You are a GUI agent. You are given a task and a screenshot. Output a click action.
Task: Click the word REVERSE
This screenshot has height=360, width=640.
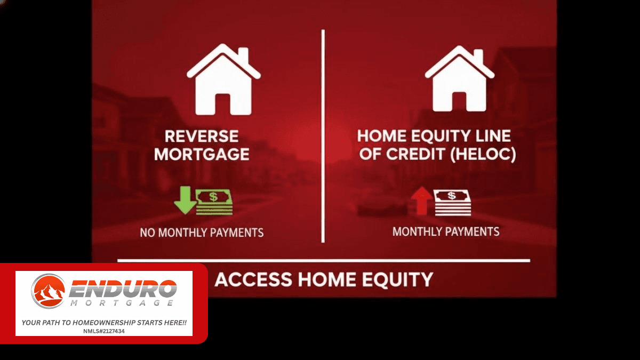[202, 136]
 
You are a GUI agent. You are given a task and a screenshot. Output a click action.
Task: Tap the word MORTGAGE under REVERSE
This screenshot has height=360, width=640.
[202, 154]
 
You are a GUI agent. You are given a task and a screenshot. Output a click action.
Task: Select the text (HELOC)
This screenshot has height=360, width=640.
[483, 154]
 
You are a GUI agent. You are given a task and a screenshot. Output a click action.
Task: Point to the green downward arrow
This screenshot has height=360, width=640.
[185, 199]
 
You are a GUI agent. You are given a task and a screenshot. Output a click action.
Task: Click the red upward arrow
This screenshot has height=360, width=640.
[421, 201]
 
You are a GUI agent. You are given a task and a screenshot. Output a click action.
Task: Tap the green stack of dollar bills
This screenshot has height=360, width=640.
[214, 202]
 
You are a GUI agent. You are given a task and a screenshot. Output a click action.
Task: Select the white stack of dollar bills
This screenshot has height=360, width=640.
[452, 203]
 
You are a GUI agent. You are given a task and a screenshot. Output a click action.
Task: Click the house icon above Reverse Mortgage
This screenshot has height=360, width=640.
[223, 79]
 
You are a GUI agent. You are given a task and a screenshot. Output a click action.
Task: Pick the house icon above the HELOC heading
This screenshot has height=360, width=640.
[460, 78]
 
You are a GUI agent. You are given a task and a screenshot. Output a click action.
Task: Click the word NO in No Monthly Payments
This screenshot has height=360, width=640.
[148, 233]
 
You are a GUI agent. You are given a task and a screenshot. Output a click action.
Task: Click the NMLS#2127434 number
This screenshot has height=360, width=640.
[104, 331]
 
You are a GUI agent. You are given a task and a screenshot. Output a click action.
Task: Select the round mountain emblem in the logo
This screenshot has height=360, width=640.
[48, 291]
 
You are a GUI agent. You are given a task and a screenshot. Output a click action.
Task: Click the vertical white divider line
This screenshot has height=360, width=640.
[323, 136]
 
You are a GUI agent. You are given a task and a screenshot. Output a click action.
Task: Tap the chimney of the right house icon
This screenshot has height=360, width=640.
[478, 57]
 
